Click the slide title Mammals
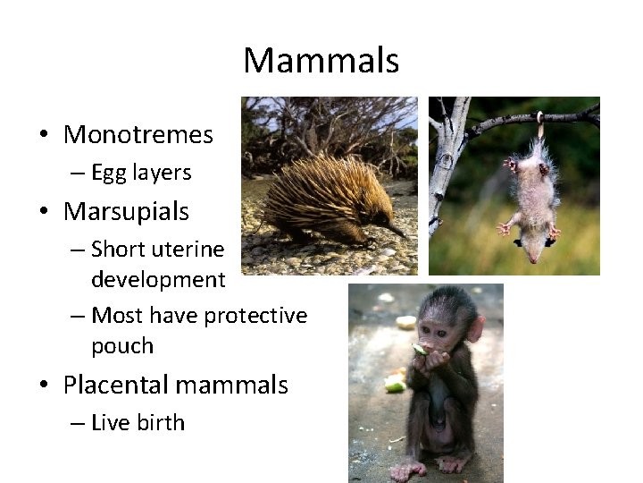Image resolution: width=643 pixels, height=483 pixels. point(321,62)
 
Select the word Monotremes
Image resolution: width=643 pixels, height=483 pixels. point(138,135)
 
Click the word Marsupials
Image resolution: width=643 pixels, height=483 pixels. point(126,212)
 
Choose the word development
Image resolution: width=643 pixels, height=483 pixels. point(158,280)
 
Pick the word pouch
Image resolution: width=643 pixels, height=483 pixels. point(122,346)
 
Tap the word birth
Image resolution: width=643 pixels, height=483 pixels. point(162,423)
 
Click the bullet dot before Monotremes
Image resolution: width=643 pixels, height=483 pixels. point(43,136)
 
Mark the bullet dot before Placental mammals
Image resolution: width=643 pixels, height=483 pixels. point(43,386)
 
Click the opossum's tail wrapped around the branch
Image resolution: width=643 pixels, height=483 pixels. point(539,124)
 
